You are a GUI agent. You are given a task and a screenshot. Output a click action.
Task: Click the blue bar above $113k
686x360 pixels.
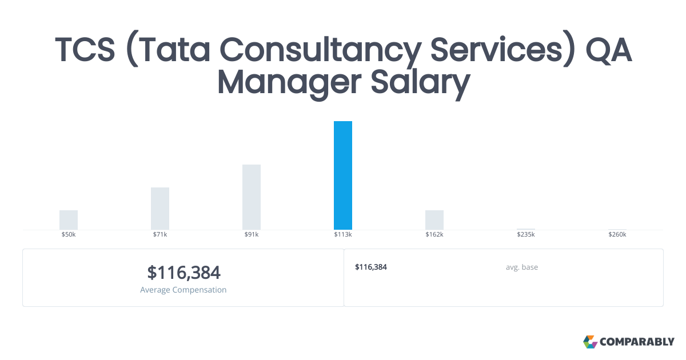343,175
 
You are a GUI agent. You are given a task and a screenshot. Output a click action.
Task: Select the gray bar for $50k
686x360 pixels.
69,220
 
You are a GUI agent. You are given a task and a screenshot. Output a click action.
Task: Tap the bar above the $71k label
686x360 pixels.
160,209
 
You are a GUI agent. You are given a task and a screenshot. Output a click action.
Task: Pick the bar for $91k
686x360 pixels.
252,197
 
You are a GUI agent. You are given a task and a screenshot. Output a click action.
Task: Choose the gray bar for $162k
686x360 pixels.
434,220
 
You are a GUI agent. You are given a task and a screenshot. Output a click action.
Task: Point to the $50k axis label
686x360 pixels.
69,235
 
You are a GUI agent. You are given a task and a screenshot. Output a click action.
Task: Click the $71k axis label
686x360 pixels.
160,235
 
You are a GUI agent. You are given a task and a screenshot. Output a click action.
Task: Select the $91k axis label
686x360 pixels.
252,235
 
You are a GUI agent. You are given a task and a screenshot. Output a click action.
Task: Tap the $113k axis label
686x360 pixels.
343,235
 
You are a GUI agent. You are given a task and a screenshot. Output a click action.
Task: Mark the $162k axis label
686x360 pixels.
434,235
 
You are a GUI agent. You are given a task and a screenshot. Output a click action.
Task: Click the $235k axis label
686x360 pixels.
526,235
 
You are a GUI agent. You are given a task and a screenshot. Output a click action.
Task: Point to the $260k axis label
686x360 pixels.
617,235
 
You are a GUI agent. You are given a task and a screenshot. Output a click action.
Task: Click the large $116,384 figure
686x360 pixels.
184,273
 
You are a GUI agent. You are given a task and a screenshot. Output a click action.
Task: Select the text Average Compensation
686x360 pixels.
184,290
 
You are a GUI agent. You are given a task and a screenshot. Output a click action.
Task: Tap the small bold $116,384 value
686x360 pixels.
371,267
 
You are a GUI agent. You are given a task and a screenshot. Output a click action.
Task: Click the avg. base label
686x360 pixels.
522,267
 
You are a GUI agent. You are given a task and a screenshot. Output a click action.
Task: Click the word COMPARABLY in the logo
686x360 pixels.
637,342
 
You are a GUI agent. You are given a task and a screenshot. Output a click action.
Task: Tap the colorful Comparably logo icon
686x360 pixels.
590,342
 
